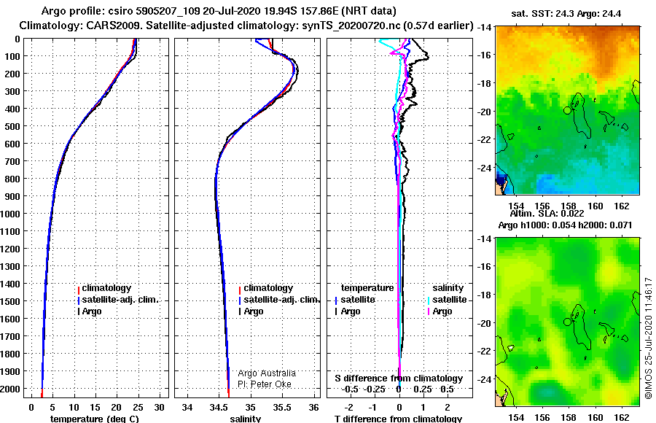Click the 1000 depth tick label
pos(10,214)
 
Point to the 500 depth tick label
pos(12,126)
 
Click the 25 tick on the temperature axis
pos(138,408)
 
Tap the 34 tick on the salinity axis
pos(187,408)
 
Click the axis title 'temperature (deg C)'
pos(95,419)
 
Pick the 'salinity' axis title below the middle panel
pos(246,419)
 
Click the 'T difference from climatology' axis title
pos(398,419)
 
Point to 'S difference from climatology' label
pos(399,379)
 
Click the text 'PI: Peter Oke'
pos(265,384)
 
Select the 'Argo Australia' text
pos(267,373)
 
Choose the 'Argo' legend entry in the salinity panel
pos(254,311)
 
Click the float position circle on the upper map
pos(567,110)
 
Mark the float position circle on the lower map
pos(567,322)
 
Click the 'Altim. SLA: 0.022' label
pos(547,213)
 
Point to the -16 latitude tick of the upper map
pos(484,55)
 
